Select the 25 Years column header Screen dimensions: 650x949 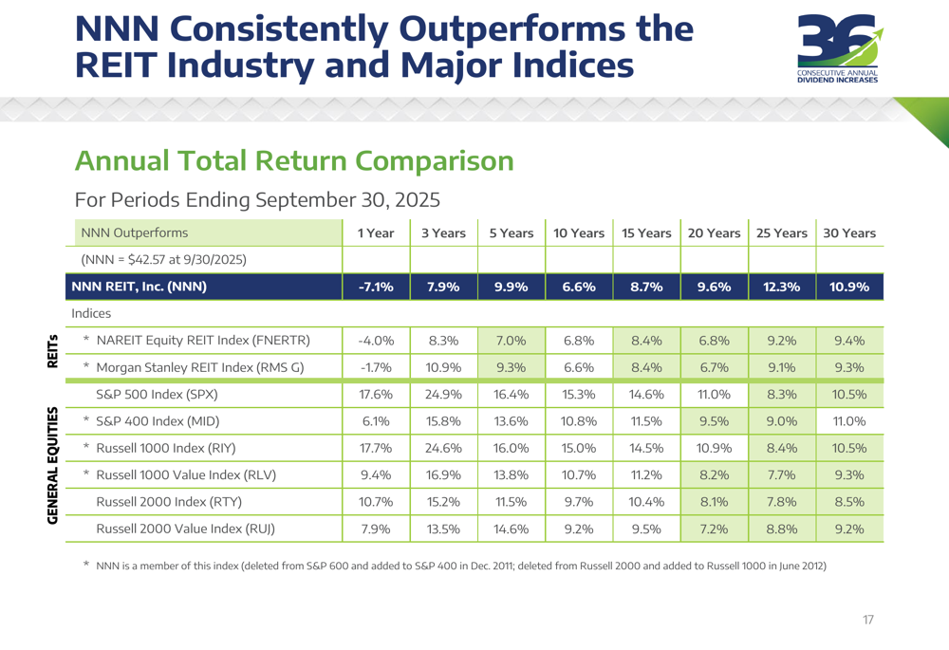click(x=782, y=232)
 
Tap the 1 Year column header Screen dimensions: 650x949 click(x=376, y=232)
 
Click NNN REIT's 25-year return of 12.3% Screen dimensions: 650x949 click(x=782, y=287)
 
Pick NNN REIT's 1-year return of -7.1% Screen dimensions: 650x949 click(x=376, y=287)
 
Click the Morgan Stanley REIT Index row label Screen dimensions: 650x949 click(x=200, y=366)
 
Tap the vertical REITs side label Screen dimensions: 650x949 click(x=52, y=351)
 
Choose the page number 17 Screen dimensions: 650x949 click(x=867, y=620)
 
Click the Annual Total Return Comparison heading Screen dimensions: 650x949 click(x=294, y=160)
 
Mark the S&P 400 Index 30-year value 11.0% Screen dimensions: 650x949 click(x=849, y=420)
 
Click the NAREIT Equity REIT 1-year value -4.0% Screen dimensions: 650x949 click(x=376, y=340)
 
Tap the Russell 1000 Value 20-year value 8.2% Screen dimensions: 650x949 click(x=714, y=474)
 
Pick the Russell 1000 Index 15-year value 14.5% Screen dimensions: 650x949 click(x=646, y=447)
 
